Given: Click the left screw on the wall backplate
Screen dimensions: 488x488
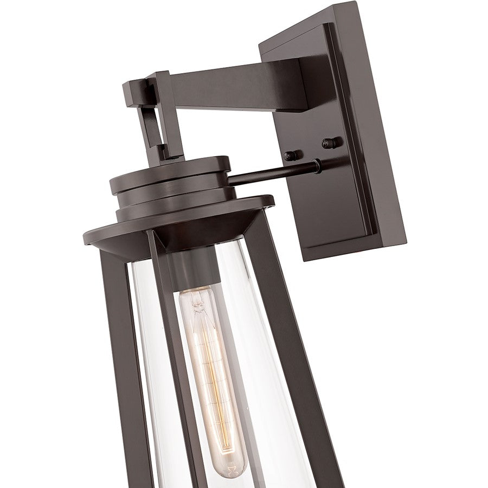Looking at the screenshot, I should click(x=291, y=156).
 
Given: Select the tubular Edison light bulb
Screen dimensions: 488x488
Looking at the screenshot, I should click(x=203, y=369).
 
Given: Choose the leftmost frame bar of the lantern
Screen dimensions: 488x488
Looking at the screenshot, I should click(x=117, y=352).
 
